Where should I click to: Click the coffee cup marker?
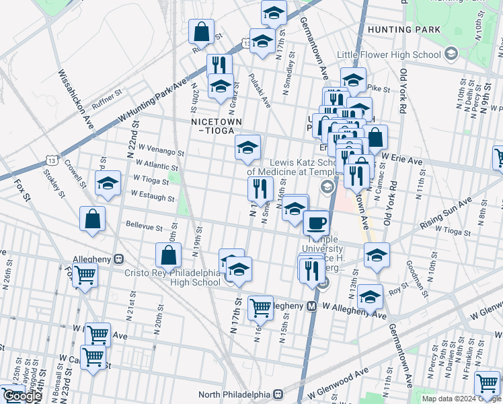(315, 222)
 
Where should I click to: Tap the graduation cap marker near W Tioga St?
(108, 183)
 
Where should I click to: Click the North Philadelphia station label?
(237, 395)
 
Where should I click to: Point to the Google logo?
(22, 397)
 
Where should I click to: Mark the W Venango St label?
(159, 152)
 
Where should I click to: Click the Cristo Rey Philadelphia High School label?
(173, 277)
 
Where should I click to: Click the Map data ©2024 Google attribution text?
(461, 399)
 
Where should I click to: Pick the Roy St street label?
(394, 293)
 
